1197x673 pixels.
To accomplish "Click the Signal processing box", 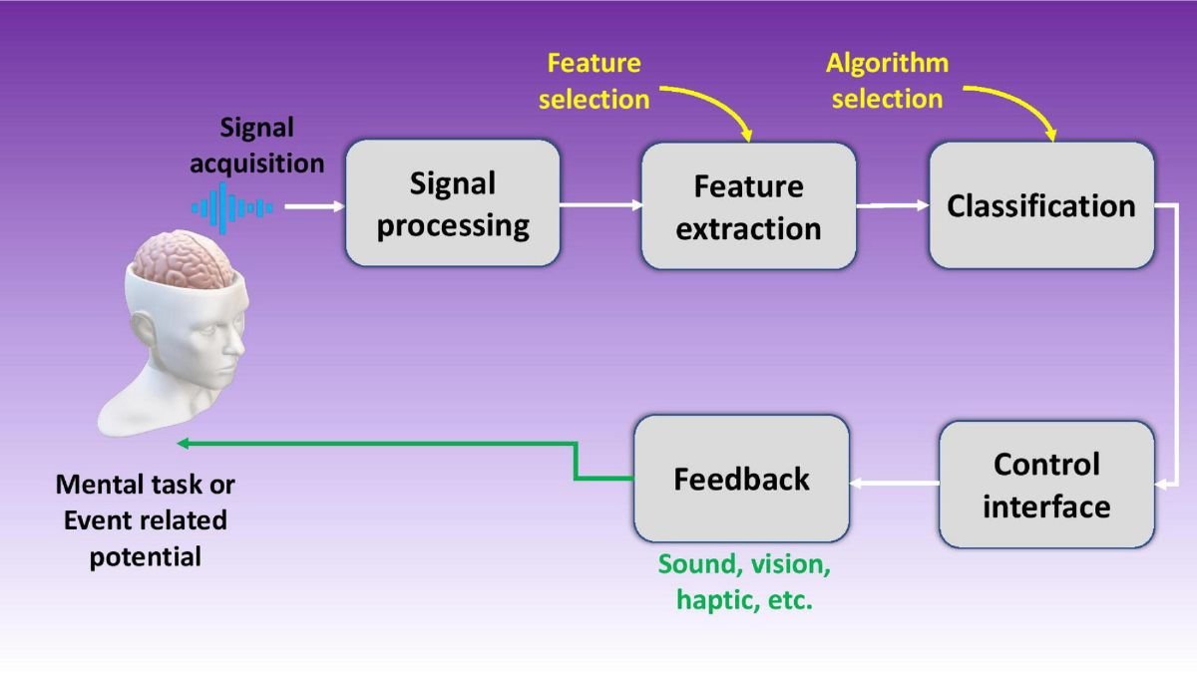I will [x=453, y=203].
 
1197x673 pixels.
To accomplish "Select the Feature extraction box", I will [x=748, y=206].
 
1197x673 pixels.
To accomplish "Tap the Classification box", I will [x=1040, y=205].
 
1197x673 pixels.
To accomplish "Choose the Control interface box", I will [x=1045, y=485].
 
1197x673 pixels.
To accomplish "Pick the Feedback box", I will [x=741, y=479].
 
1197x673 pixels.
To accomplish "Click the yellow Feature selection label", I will [x=595, y=81].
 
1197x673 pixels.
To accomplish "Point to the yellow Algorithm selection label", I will [x=887, y=81].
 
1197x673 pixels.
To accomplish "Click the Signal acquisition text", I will [x=257, y=145].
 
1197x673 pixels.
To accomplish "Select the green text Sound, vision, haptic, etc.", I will [x=744, y=582].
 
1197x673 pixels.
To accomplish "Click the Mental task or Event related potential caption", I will [x=146, y=519].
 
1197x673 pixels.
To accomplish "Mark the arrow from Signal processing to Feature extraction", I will [x=600, y=206].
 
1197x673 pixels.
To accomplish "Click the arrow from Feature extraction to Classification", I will [x=893, y=206].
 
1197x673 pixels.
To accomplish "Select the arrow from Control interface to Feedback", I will [x=894, y=484].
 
